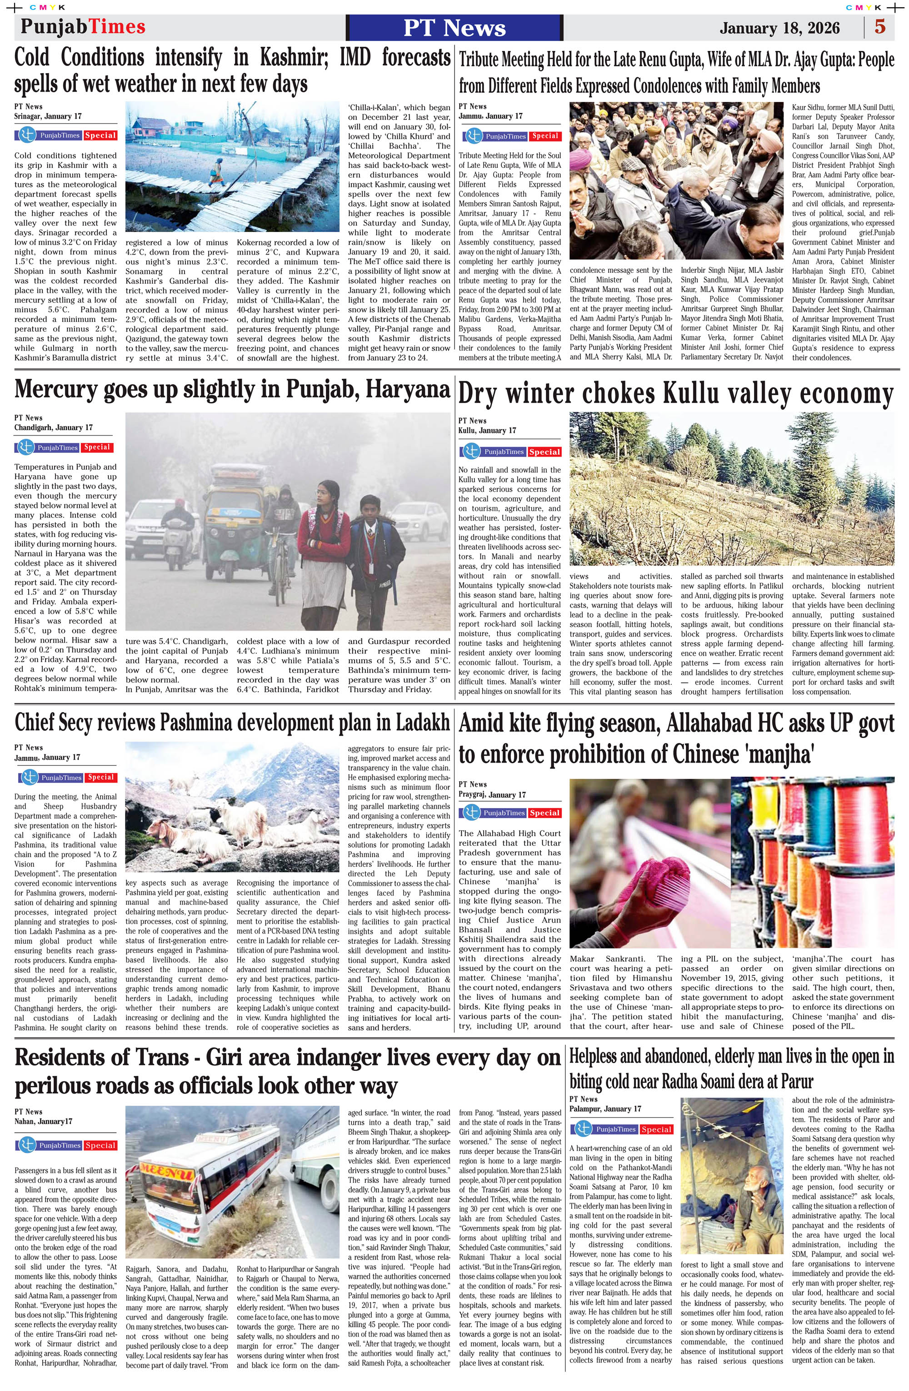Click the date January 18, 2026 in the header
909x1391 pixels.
click(779, 28)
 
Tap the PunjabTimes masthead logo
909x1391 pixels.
click(83, 27)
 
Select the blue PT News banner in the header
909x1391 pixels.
click(454, 27)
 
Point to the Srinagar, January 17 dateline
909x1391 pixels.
click(48, 116)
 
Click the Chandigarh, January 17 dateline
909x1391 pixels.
click(53, 427)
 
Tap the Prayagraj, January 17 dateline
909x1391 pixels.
click(492, 794)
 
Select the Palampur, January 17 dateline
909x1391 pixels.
click(605, 1109)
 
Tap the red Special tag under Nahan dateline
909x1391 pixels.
click(100, 1145)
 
